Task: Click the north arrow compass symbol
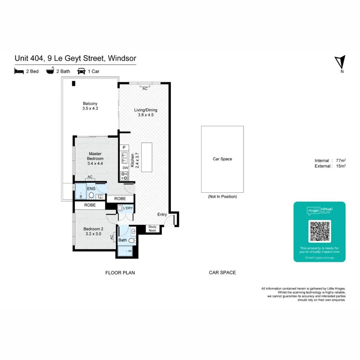pos(340,63)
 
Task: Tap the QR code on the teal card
pos(319,231)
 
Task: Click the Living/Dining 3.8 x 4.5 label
pos(145,113)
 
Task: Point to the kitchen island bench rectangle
pos(146,157)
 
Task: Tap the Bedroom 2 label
pos(93,231)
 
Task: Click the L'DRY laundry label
pos(128,208)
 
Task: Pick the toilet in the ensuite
pos(91,196)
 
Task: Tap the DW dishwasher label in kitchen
pos(125,168)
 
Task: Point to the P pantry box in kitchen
pos(124,147)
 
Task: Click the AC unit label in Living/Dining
pos(145,89)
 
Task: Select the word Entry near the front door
pos(162,215)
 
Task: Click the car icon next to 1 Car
pos(81,71)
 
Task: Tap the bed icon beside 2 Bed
pos(19,71)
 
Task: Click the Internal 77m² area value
pos(340,160)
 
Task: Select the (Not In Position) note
pos(222,197)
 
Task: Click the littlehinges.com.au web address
pos(319,258)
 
